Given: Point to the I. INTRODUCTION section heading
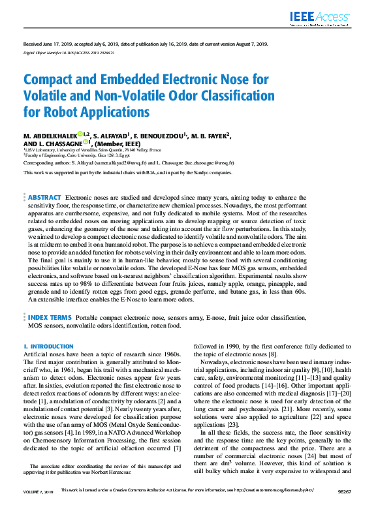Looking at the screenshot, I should (48, 346).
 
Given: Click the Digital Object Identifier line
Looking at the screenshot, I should (69, 52).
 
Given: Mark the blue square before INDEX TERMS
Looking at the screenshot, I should (25, 317).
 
